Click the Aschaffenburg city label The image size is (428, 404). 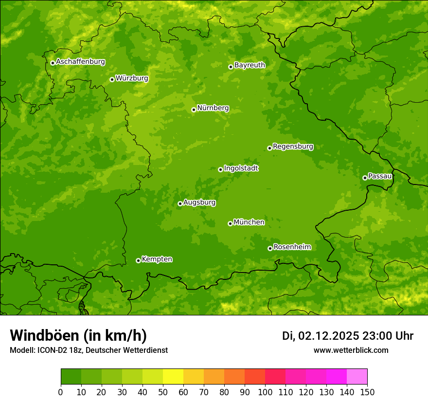(x=80, y=62)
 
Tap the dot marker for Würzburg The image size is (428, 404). (x=112, y=79)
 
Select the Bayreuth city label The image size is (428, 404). (x=250, y=65)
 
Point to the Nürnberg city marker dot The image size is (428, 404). (x=194, y=110)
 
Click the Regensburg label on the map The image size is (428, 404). (x=293, y=147)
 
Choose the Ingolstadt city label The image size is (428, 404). (x=241, y=168)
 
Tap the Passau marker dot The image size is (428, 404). (x=365, y=178)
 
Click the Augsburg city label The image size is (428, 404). (x=199, y=202)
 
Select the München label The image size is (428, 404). (x=249, y=222)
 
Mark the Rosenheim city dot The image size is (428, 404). (x=270, y=249)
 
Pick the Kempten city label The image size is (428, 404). (x=157, y=259)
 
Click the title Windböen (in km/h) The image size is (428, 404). (x=78, y=335)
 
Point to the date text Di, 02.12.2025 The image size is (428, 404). (x=320, y=336)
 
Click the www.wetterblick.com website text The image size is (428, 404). (x=351, y=350)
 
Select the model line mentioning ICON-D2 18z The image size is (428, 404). (x=89, y=350)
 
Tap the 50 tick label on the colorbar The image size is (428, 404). (x=162, y=392)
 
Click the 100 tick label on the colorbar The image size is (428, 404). (x=265, y=392)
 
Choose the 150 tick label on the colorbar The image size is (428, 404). (x=367, y=392)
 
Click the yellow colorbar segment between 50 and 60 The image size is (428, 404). (x=173, y=377)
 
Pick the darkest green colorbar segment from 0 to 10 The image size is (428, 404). (x=71, y=377)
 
